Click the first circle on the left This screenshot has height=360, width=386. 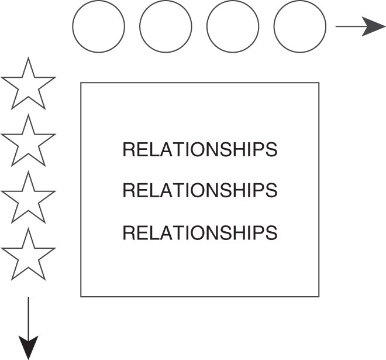(x=99, y=26)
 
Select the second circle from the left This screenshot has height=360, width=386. (x=166, y=26)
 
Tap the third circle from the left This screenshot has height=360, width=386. (x=233, y=26)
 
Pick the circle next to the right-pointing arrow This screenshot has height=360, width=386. (x=300, y=26)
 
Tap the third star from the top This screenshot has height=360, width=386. (x=28, y=198)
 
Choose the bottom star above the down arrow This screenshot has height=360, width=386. (x=28, y=255)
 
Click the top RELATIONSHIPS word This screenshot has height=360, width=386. (x=199, y=150)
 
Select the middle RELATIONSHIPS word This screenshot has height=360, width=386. (x=199, y=190)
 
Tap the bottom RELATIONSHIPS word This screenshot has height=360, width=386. (x=199, y=233)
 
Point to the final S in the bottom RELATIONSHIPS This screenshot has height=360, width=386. (x=271, y=233)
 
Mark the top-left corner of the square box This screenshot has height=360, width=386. (x=81, y=83)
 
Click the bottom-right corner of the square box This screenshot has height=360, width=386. (x=319, y=296)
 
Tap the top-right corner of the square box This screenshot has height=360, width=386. (x=319, y=83)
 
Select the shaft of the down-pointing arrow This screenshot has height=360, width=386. (x=28, y=316)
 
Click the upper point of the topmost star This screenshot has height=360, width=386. (x=28, y=59)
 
